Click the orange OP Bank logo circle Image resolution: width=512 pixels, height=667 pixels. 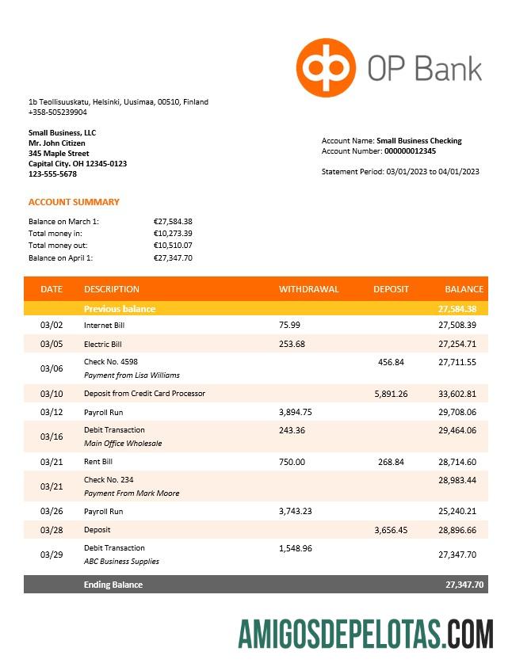(326, 67)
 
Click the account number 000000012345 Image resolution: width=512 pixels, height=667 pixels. (410, 151)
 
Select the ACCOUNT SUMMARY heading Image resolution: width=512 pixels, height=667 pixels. (74, 202)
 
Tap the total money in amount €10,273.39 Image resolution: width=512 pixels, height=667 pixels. (173, 234)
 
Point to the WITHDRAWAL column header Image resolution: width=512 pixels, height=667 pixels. (308, 289)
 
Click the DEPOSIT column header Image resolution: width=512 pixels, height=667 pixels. (391, 289)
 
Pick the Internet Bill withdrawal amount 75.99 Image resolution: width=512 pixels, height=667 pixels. (290, 325)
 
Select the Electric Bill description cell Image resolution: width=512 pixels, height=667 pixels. (103, 345)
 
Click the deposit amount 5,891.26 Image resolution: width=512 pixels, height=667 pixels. (391, 394)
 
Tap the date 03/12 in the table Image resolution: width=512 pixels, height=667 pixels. (51, 412)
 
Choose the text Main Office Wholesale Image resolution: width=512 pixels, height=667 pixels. (123, 444)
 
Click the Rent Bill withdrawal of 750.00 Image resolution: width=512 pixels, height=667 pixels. (292, 462)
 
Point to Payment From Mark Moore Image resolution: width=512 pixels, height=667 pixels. (132, 493)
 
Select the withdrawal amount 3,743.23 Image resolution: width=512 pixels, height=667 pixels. (296, 511)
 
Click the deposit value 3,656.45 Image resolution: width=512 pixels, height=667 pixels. (391, 530)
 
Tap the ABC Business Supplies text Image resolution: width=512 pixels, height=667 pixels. (121, 561)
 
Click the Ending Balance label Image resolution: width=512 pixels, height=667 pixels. (113, 585)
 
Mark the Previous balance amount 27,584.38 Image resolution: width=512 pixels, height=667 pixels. (457, 309)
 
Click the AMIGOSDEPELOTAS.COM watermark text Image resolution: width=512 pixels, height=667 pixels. (365, 635)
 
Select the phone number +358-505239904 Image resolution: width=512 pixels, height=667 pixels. (58, 112)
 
